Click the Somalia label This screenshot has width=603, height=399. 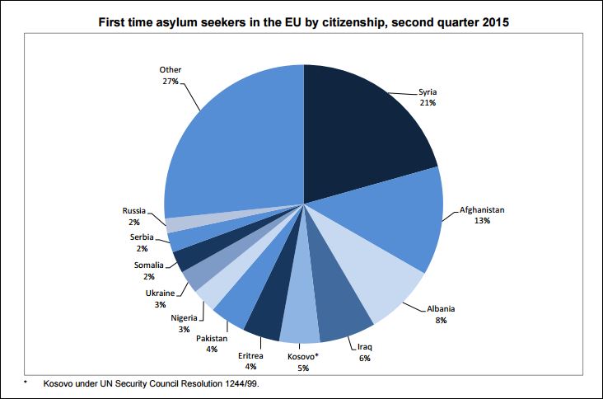point(148,265)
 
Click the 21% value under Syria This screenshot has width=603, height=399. point(427,102)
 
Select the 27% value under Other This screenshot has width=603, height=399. point(170,81)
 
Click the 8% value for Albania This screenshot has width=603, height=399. point(441,320)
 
